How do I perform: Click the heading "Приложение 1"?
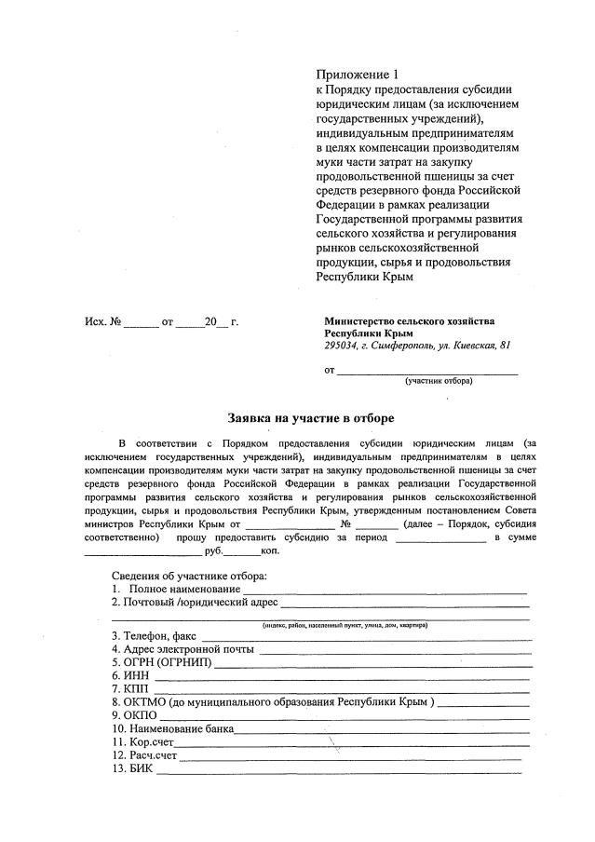[357, 74]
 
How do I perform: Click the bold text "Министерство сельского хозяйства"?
[409, 320]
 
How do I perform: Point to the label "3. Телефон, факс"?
[154, 635]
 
